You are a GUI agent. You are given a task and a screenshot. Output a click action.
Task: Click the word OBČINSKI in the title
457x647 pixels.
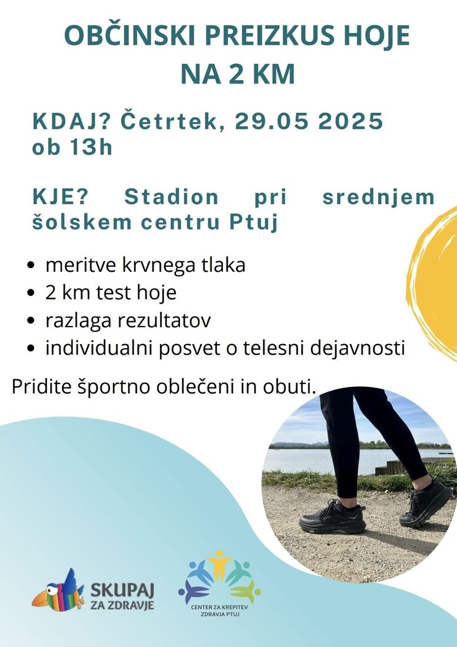129,35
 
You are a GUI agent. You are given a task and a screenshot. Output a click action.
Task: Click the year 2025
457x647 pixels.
351,121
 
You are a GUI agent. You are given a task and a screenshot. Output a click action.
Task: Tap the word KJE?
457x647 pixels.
61,197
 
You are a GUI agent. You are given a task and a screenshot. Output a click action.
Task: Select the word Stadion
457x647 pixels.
171,197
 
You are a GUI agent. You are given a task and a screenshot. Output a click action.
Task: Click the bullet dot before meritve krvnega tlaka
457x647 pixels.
30,265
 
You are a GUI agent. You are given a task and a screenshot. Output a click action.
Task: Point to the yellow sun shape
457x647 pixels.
433,284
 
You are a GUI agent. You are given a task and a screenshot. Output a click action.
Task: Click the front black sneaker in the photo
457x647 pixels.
332,517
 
